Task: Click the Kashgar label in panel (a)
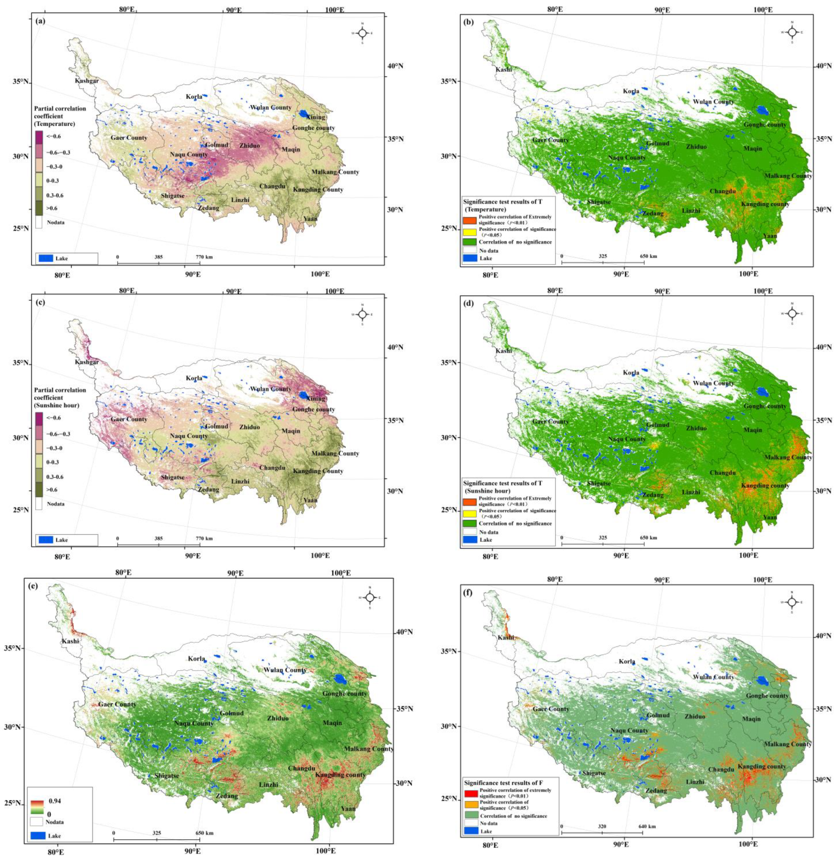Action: click(86, 81)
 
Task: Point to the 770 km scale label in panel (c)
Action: click(204, 539)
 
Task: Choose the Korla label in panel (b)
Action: click(631, 91)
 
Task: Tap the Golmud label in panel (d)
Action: click(657, 425)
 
